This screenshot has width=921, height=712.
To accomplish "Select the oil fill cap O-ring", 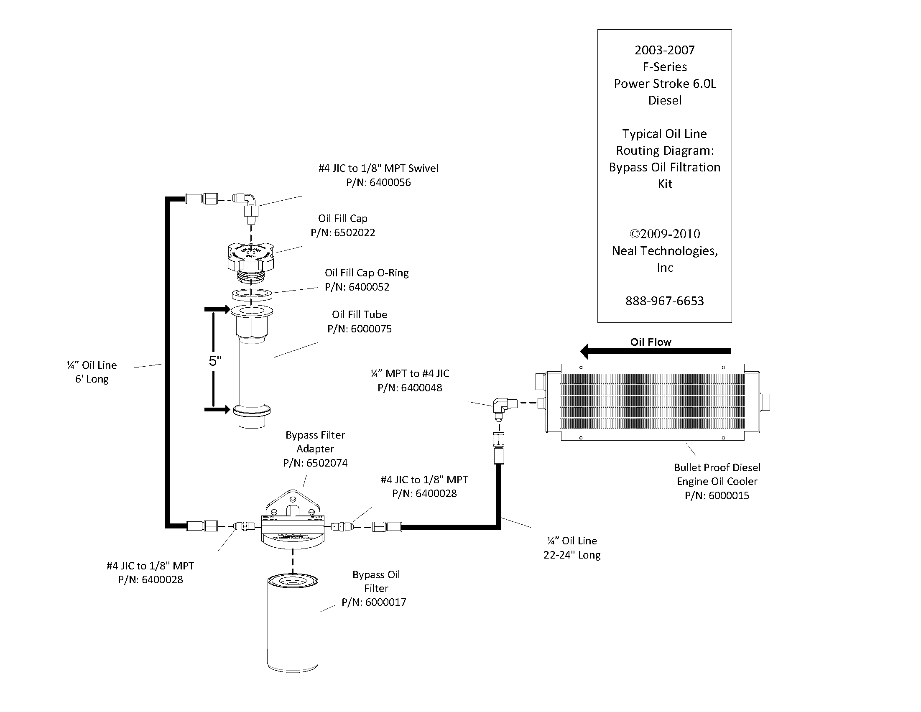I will [x=251, y=294].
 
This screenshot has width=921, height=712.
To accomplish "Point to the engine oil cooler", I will [x=652, y=402].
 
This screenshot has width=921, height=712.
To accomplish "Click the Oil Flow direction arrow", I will [x=656, y=351].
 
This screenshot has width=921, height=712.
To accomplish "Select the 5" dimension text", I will [x=215, y=361].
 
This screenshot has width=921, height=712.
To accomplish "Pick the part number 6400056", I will [x=390, y=183].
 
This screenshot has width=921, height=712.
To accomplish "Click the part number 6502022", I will [x=354, y=233].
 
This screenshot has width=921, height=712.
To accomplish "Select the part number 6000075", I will [x=371, y=329].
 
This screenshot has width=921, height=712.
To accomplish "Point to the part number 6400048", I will [x=421, y=388].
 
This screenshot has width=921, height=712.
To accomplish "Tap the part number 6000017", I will [x=385, y=602].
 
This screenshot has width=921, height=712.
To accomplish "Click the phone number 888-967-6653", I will [x=665, y=301].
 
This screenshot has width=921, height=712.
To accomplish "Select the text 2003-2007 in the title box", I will [x=665, y=50].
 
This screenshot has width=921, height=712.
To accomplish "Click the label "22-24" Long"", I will [x=572, y=555].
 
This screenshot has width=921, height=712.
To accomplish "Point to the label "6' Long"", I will [x=92, y=379].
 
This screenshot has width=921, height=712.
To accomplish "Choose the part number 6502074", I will [x=327, y=463].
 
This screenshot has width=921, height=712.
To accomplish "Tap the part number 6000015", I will [x=729, y=495].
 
